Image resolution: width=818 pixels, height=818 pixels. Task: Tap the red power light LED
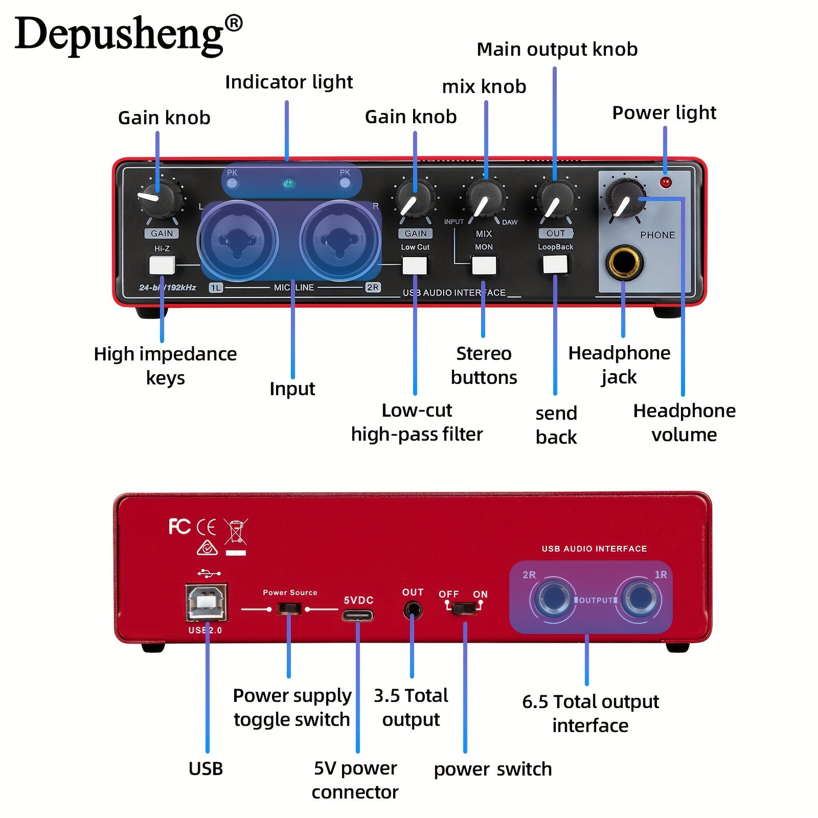pos(665,183)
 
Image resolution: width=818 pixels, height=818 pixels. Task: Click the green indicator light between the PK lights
pos(289,183)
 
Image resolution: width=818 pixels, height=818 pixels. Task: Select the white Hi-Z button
pos(162,265)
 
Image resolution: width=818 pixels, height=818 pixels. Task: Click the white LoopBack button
pos(555,264)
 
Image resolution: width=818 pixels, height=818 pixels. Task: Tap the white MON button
pos(484,265)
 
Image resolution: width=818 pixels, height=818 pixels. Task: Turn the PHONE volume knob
pos(625,199)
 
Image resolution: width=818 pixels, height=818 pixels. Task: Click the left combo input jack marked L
pos(237,240)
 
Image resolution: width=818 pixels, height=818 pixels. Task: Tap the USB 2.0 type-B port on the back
pos(207,603)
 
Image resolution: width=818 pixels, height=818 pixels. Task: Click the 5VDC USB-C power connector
pos(357,615)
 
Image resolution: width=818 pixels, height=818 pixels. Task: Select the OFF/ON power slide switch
pos(464,608)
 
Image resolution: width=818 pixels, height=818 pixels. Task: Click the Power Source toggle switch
pos(289,608)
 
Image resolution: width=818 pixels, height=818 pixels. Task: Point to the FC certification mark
pos(179,526)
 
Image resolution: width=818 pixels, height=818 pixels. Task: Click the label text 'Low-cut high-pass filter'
pos(417,422)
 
